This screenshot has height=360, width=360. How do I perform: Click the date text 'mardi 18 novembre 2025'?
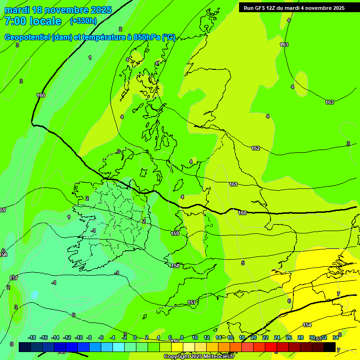pos(58,10)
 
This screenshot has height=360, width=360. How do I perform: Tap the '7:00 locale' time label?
pos(33,21)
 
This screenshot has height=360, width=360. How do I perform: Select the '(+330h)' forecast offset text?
pos(83,21)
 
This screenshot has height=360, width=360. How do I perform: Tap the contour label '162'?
pos(255,148)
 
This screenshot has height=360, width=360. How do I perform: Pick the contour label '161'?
pos(233,184)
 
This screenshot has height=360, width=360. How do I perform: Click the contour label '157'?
pos(192,302)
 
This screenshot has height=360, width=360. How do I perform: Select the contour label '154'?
pos(307,325)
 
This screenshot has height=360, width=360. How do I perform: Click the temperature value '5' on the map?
pos(243,263)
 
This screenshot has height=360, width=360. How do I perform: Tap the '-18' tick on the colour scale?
pos(32,337)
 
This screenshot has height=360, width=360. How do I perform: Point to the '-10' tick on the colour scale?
pos(79,337)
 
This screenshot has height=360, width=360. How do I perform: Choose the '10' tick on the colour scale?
pos(195,337)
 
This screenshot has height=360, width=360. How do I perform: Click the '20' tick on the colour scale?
pos(253,337)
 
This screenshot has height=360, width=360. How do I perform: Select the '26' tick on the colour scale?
pos(288,337)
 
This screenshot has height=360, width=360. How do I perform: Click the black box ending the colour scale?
pos(330,347)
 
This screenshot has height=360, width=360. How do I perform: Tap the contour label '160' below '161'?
pos(242,213)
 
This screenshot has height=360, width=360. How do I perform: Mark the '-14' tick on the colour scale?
pos(55,337)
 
